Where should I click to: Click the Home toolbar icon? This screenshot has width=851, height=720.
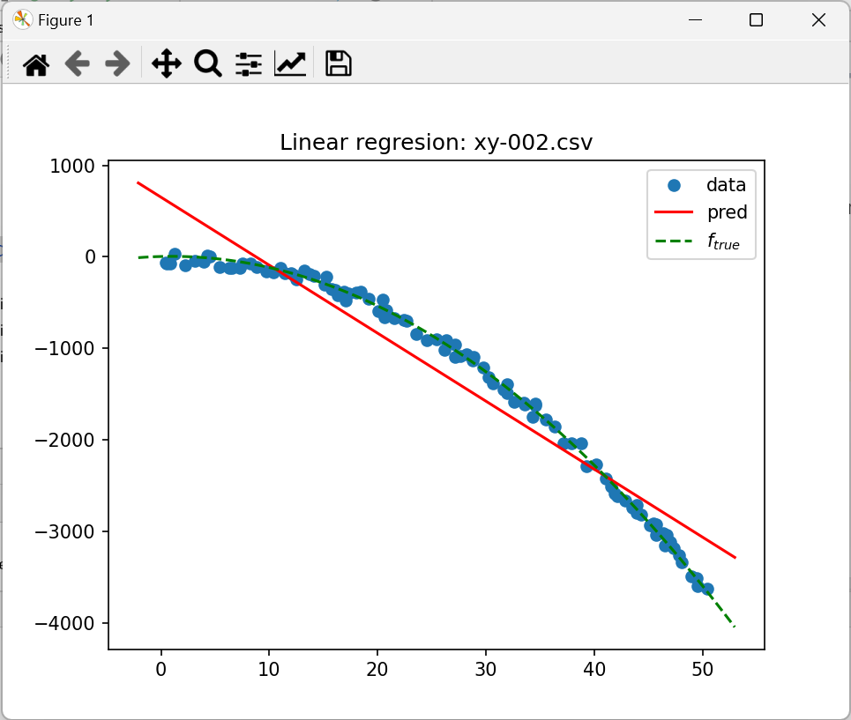coord(36,63)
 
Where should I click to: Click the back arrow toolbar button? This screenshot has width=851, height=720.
coord(78,63)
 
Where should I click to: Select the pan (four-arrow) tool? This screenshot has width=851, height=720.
coord(167,63)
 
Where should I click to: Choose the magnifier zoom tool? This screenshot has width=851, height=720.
coord(208,63)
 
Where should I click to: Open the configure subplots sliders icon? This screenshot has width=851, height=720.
coord(249,63)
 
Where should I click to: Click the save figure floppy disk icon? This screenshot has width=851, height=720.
coord(339,63)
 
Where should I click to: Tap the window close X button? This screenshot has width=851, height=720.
coord(817,20)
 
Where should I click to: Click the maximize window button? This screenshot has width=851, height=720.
coord(756,20)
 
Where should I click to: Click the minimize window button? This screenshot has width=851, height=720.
coord(694,20)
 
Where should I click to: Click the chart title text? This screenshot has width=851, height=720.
coord(436,143)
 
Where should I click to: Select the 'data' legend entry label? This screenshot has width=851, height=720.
coord(726,185)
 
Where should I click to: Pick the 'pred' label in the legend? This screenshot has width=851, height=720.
coord(727,212)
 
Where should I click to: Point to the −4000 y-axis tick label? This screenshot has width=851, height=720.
coord(73,623)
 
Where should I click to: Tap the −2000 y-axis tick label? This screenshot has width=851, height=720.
coord(73,440)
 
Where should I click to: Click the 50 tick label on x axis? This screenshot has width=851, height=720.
coord(702,669)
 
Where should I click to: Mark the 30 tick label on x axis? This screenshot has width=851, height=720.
coord(486,669)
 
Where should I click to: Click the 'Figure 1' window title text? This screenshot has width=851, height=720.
coord(66,20)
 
